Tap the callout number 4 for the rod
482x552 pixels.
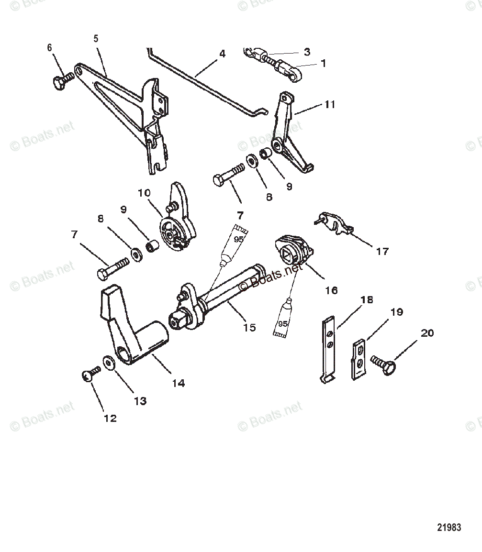click(222, 54)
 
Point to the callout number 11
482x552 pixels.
click(329, 104)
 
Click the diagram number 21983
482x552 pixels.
click(449, 528)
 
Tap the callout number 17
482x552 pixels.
click(382, 251)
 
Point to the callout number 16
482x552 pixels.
click(331, 290)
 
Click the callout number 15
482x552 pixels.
click(249, 328)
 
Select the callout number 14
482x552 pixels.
click(179, 383)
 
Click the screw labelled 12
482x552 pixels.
click(88, 376)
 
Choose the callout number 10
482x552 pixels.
click(144, 193)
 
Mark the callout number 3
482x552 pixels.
click(307, 52)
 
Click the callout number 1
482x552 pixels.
click(323, 63)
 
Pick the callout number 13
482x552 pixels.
click(140, 401)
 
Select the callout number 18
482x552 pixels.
click(367, 300)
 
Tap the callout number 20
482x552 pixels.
click(427, 332)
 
